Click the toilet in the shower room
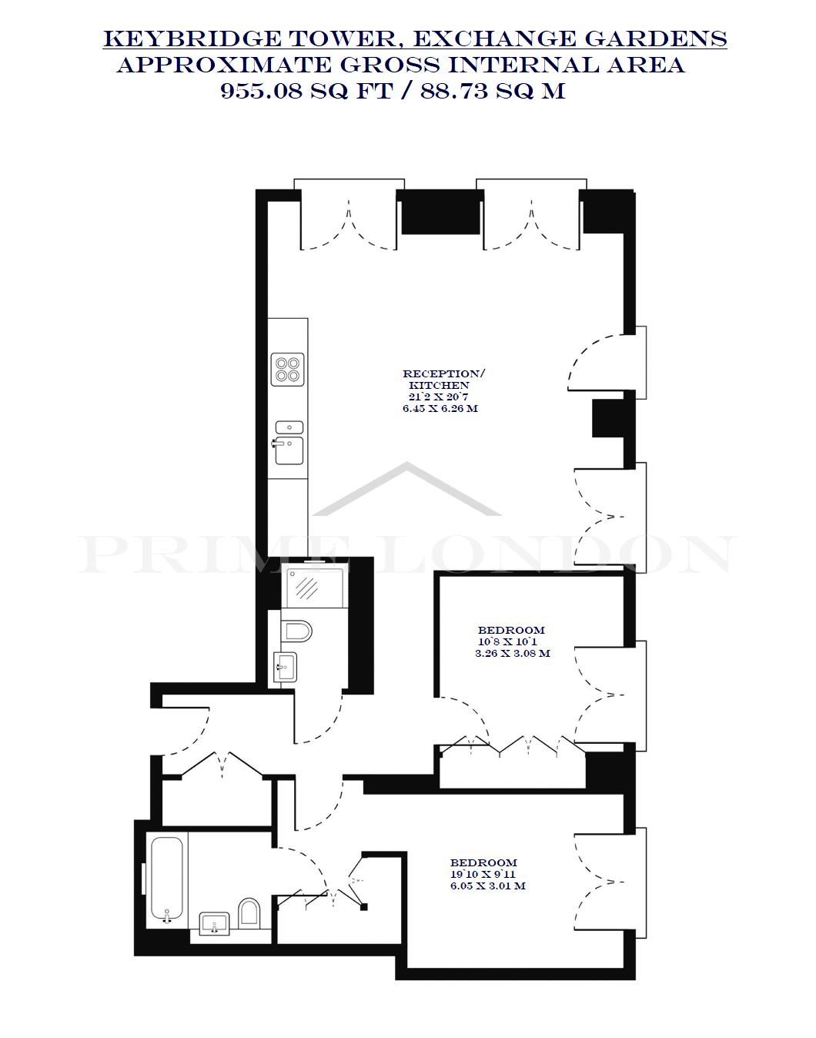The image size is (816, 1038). click(299, 631)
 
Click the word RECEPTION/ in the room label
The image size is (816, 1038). click(444, 374)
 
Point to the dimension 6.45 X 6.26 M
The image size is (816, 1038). click(440, 409)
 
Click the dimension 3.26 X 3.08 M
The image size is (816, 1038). click(513, 654)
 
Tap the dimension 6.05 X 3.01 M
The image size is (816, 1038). click(488, 886)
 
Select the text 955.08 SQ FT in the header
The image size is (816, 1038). click(306, 92)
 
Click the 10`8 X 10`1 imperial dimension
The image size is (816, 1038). click(507, 641)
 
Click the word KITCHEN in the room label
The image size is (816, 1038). click(439, 385)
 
